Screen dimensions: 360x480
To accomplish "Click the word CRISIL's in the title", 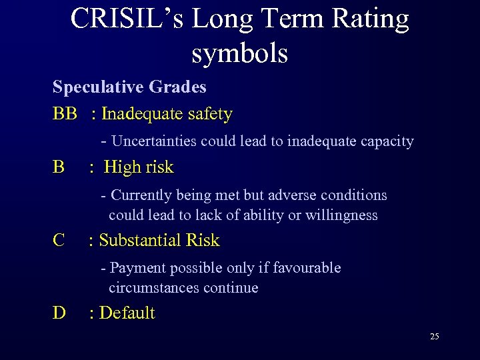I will [127, 19].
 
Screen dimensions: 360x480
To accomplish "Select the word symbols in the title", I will [239, 53].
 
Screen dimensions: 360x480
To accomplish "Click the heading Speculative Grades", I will [129, 87].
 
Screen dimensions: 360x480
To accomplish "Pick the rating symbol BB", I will [65, 114].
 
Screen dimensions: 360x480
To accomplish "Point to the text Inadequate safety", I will [167, 114].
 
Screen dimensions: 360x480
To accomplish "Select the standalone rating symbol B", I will [59, 167].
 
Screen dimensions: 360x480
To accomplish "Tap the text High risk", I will [139, 167].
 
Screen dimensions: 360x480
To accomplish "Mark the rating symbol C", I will [59, 240].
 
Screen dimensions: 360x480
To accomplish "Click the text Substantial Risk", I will [159, 240].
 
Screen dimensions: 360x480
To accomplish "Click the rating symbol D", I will [59, 313].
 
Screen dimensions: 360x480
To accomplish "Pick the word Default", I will [127, 313].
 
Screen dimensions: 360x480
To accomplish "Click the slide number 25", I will [434, 337].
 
